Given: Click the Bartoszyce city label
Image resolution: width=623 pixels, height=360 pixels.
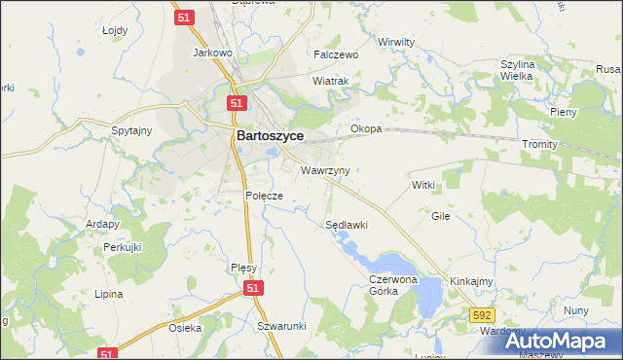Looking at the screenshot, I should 271,137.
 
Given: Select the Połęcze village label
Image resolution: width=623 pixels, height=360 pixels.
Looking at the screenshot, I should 263,196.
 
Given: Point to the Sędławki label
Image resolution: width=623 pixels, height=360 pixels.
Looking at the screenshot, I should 346,225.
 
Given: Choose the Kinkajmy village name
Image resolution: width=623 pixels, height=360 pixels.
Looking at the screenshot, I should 472,281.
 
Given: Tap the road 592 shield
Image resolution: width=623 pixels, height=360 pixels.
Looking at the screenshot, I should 481,315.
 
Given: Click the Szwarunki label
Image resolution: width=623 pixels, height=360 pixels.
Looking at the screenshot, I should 282,326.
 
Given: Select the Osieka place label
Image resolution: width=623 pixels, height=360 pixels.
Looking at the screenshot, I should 185,328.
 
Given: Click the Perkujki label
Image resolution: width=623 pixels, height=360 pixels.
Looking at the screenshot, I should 123,247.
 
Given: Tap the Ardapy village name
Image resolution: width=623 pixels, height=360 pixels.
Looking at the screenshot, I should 101,223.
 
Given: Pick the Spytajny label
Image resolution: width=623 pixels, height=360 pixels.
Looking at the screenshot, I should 131,130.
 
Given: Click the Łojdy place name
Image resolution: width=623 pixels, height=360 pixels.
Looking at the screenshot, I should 115,30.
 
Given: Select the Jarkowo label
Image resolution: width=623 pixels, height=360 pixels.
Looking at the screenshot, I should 211,53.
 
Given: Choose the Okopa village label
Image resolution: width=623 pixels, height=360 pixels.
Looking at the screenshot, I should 366,128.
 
